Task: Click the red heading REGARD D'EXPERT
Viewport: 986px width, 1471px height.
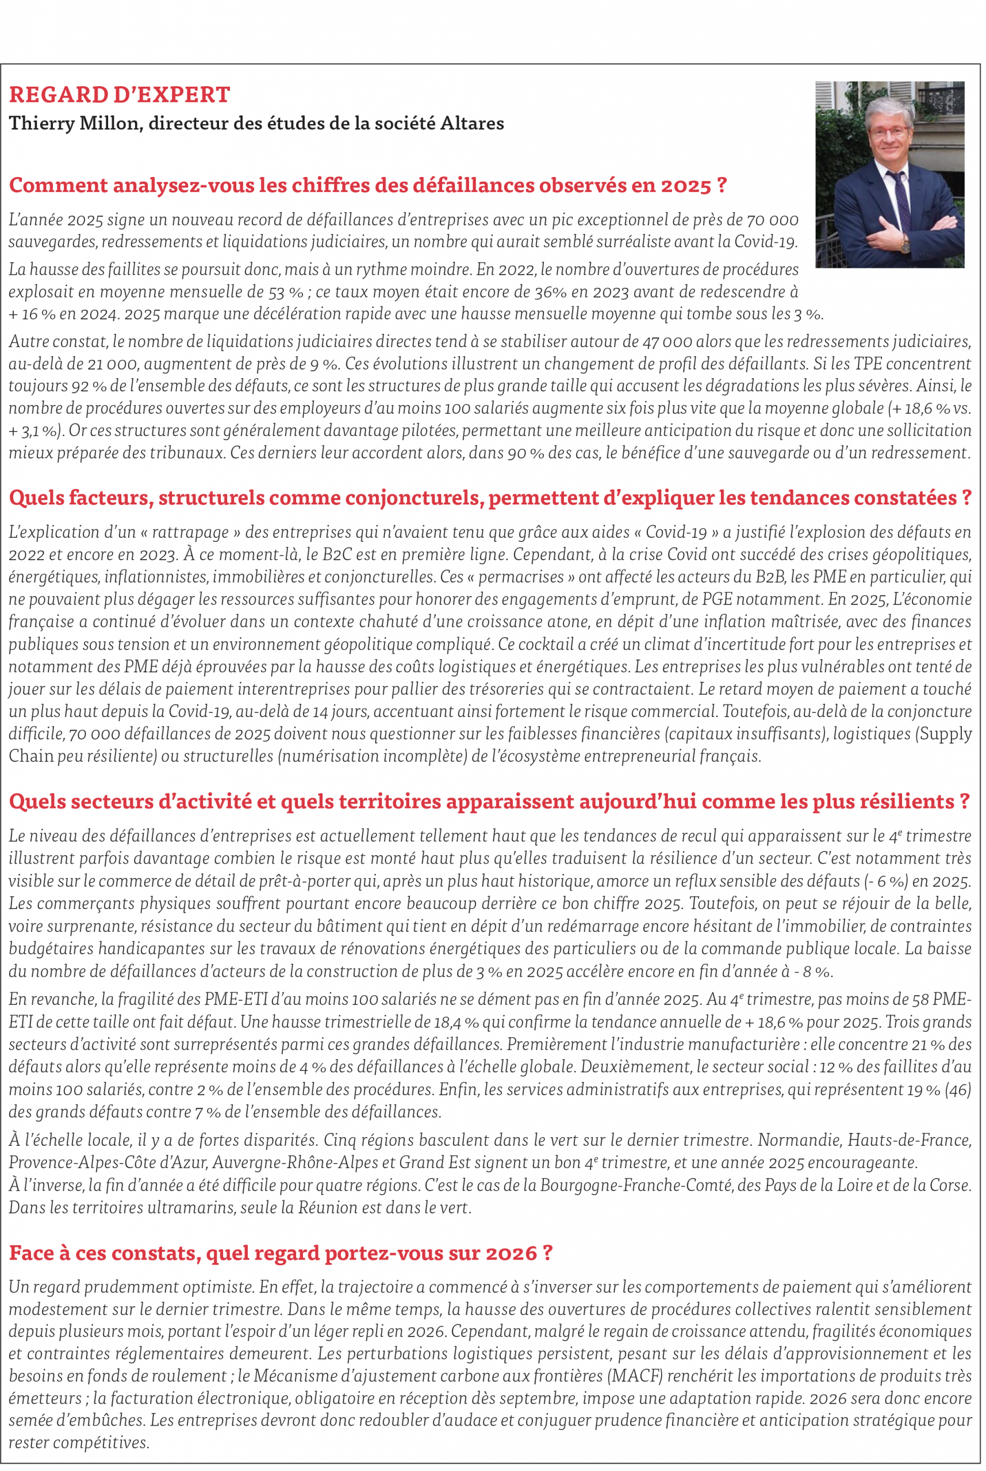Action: click(x=120, y=95)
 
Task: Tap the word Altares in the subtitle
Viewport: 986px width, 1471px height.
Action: click(x=471, y=123)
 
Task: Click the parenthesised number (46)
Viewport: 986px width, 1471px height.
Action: click(x=958, y=1089)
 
